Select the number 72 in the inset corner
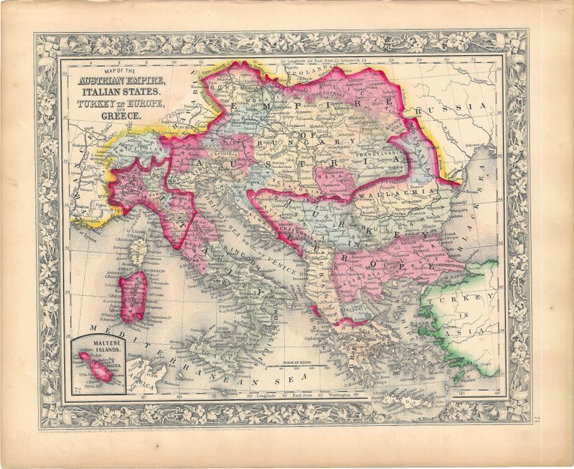(77, 389)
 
